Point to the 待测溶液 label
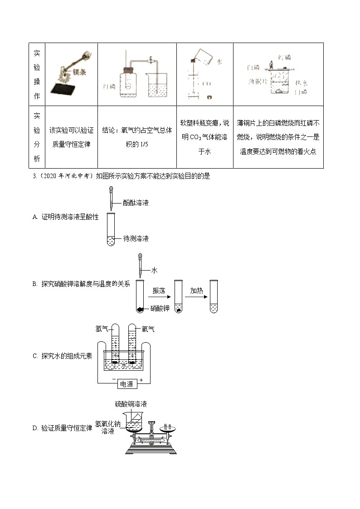coord(136,238)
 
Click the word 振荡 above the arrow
coord(159,291)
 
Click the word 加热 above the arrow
coord(196,291)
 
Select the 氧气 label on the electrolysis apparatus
coord(148,329)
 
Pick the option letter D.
coord(35,427)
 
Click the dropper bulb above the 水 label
coord(141,257)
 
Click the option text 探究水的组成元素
coord(67,356)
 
